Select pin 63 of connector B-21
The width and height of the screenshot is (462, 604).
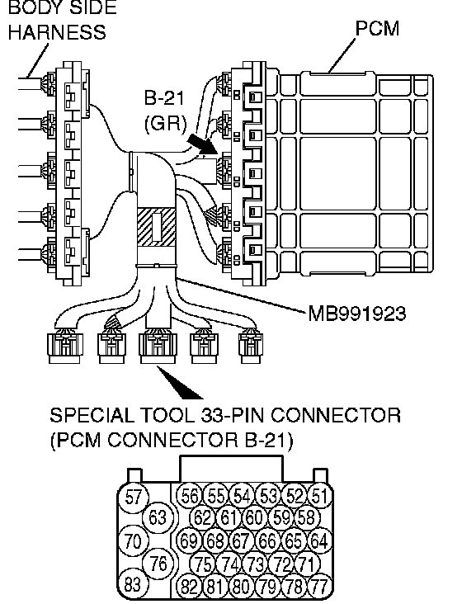(x=157, y=517)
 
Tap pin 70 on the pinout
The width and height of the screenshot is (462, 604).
(x=133, y=540)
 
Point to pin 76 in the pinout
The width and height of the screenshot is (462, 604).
(x=157, y=564)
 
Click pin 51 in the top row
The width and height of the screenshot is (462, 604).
(x=320, y=496)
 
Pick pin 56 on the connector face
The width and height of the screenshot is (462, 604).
(x=190, y=496)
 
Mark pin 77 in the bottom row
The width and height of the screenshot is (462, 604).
(x=320, y=587)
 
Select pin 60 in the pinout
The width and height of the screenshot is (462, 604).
(x=254, y=517)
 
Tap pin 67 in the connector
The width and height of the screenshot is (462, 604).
(x=241, y=540)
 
